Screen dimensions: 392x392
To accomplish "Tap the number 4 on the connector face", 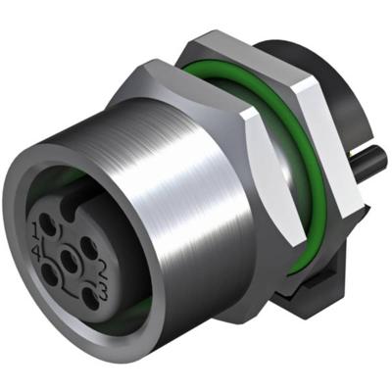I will [x=35, y=251].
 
